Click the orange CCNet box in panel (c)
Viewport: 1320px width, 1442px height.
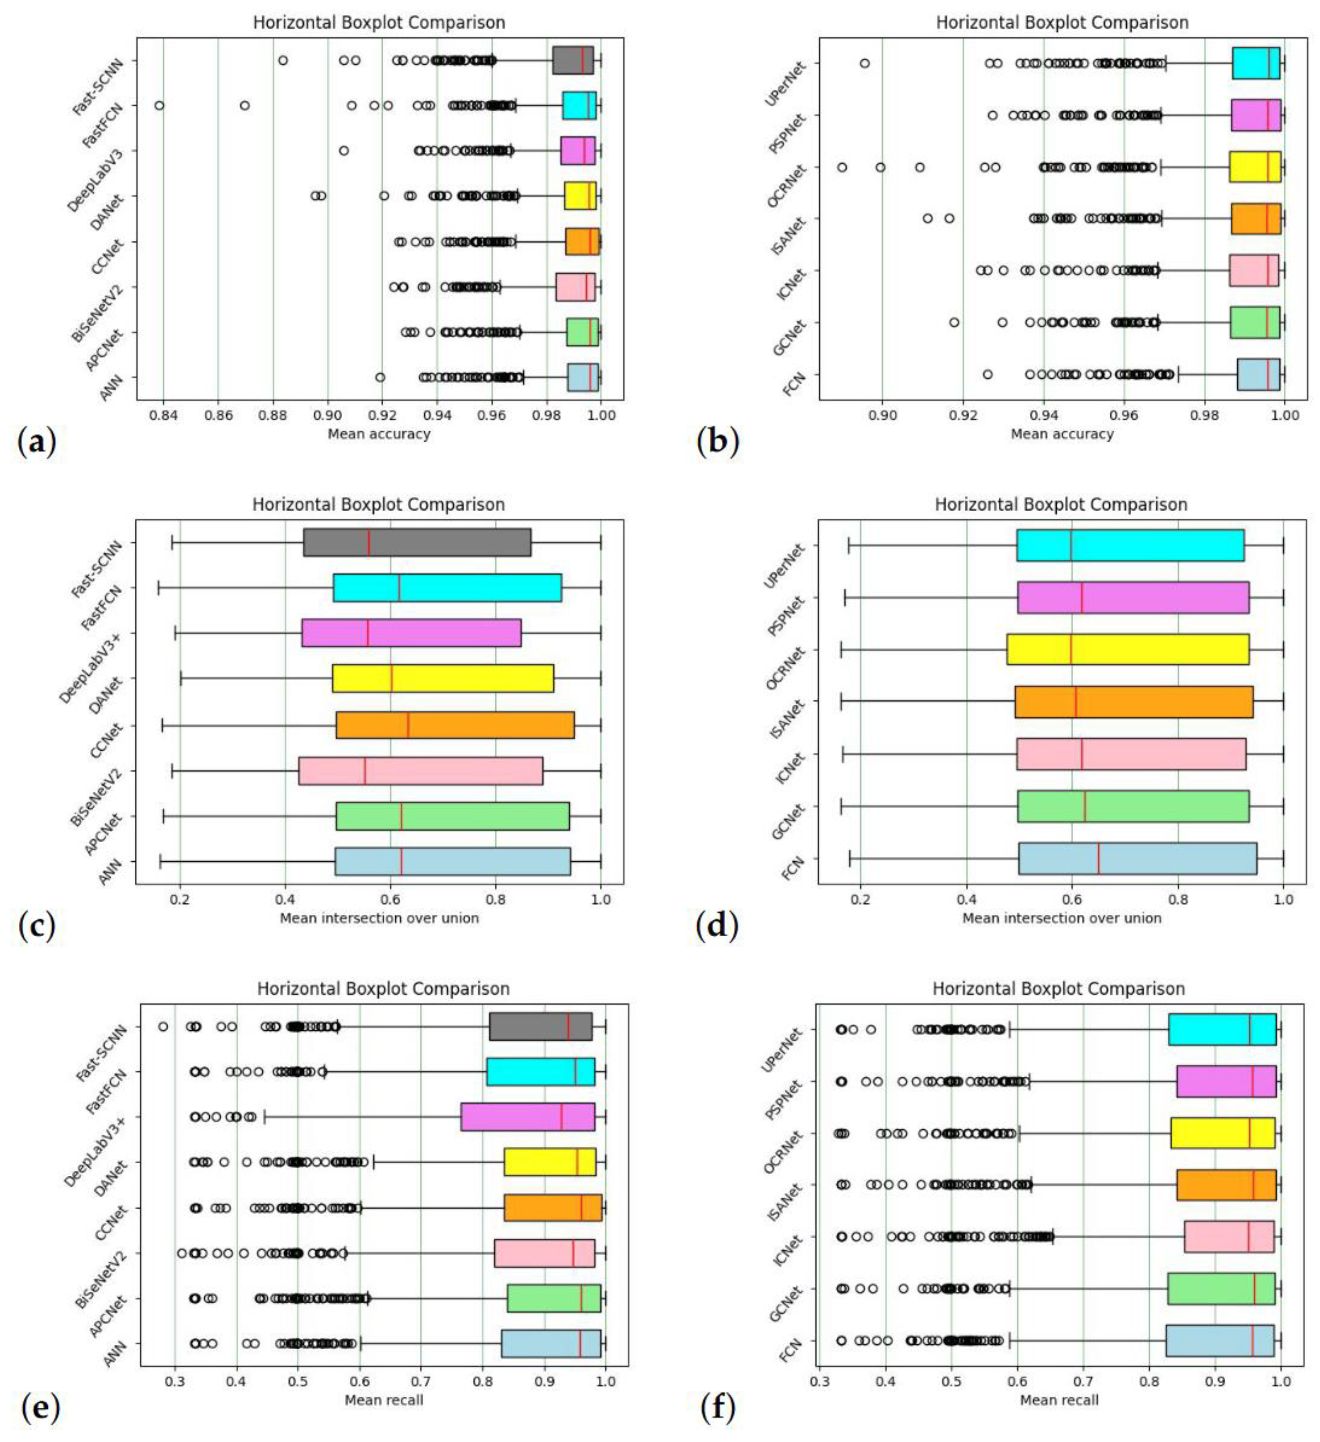(x=455, y=725)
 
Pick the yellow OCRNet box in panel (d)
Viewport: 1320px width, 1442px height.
(x=1128, y=649)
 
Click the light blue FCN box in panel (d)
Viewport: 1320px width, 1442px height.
(x=1137, y=858)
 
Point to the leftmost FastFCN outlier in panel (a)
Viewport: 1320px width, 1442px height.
(x=159, y=106)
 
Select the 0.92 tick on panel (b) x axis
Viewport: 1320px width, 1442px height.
(x=963, y=415)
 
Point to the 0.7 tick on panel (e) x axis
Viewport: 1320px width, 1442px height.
(x=421, y=1382)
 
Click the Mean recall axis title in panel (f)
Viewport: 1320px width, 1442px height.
(x=1059, y=1400)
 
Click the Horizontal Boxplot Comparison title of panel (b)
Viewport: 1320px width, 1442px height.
(x=1062, y=23)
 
